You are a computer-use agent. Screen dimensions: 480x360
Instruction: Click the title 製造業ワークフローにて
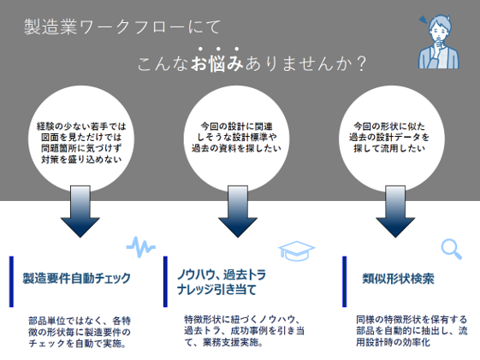[122, 27]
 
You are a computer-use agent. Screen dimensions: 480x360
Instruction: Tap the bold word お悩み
[217, 63]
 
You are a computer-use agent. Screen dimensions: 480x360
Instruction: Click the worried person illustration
[439, 42]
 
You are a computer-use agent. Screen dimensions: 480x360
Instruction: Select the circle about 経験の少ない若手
[81, 139]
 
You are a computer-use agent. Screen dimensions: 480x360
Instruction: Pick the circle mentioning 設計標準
[237, 139]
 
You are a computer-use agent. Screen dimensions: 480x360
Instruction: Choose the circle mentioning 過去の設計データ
[392, 139]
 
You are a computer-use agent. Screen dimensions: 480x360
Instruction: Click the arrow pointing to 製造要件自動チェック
[80, 211]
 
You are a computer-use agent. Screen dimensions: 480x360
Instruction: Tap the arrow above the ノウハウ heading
[238, 211]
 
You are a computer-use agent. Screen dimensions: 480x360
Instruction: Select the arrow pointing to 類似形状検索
[395, 211]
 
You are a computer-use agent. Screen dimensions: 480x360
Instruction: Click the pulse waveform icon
[141, 246]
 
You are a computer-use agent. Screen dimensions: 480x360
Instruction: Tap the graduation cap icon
[297, 251]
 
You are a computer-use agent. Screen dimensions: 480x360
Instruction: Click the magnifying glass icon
[452, 249]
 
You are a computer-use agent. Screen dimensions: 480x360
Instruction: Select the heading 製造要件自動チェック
[77, 278]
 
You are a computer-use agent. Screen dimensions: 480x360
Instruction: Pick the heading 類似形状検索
[398, 279]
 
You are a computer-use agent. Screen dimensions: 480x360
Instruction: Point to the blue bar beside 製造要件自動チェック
[12, 281]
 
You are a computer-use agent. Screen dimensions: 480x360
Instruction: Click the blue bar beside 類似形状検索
[345, 281]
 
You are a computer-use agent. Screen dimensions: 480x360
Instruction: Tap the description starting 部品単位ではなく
[80, 332]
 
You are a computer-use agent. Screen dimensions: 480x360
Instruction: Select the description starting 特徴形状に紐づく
[245, 331]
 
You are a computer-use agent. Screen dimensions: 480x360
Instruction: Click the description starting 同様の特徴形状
[412, 331]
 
